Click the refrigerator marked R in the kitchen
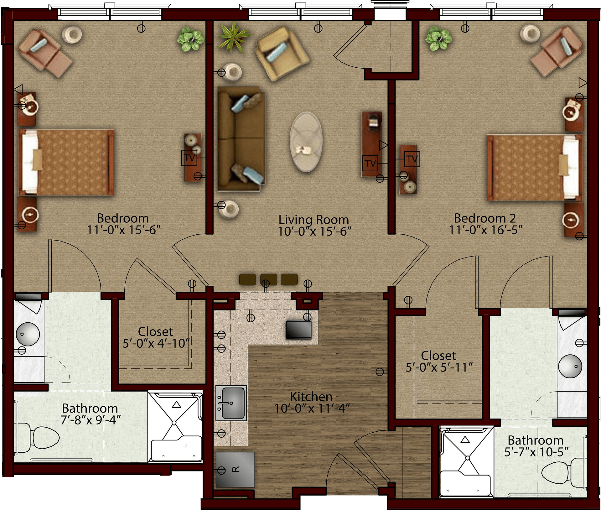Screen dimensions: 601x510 [x=235, y=469]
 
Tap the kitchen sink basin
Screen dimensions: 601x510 [x=233, y=403]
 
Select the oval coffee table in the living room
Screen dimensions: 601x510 [x=306, y=142]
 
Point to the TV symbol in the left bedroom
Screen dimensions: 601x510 [x=189, y=158]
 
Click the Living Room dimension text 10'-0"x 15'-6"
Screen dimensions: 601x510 [x=314, y=232]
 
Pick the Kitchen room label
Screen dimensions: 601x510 [x=311, y=397]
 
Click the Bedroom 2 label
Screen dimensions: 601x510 [x=485, y=218]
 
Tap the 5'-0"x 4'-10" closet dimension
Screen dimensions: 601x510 [x=156, y=343]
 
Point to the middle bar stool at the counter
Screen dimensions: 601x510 [x=268, y=279]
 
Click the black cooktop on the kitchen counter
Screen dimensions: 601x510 [x=298, y=330]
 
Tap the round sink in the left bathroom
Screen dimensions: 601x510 [x=28, y=334]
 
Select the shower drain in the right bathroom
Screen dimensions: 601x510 [x=467, y=458]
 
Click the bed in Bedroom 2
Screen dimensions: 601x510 [x=534, y=168]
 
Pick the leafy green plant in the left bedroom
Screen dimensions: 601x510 [x=190, y=39]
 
